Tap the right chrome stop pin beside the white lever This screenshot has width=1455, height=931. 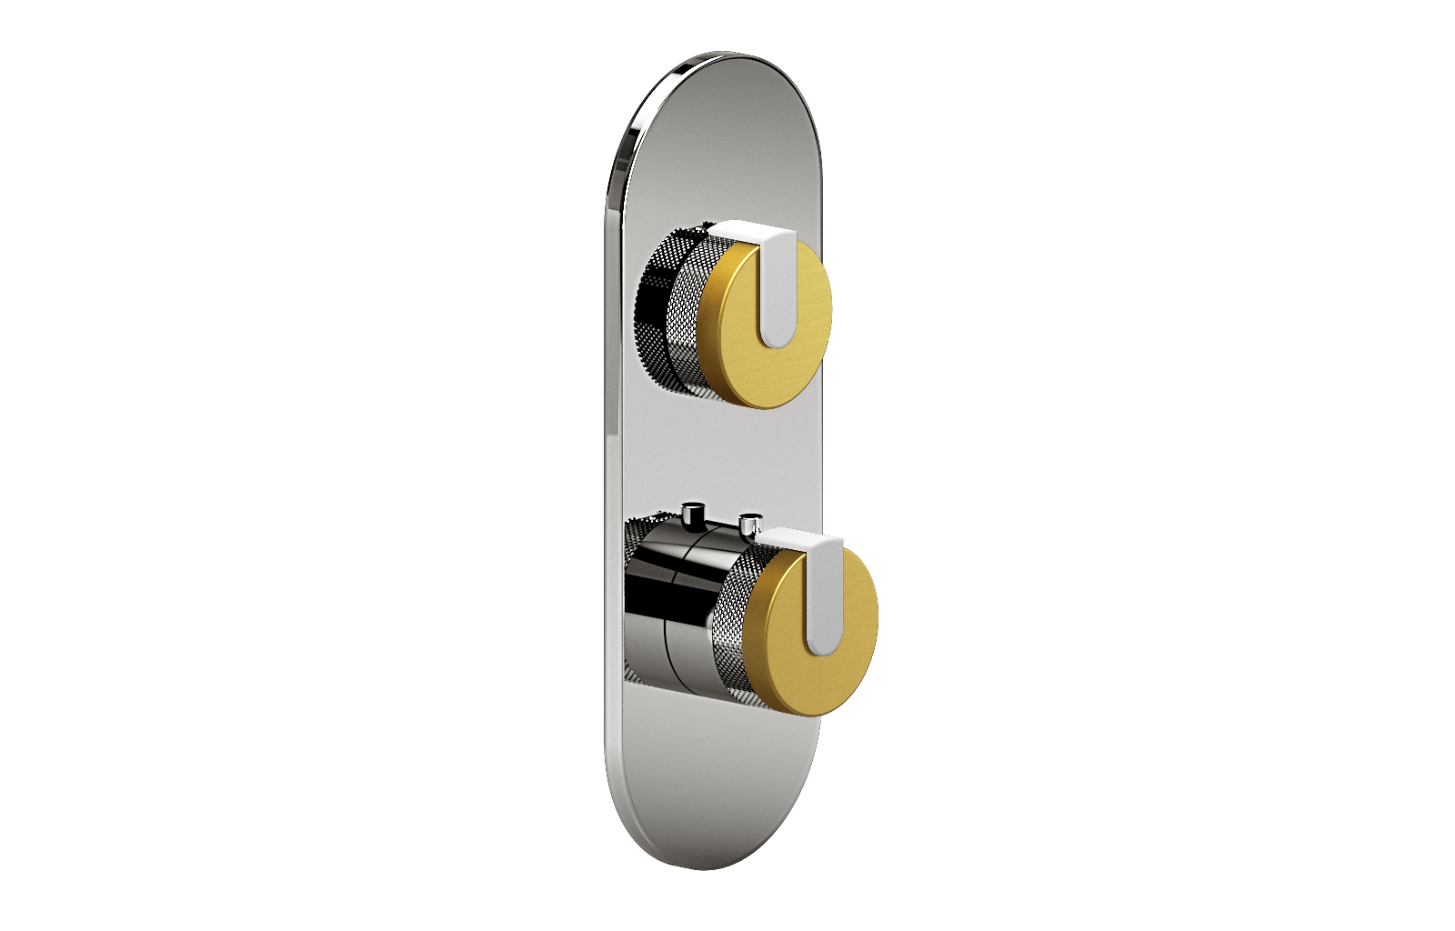tap(749, 525)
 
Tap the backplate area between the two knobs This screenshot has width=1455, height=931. tap(709, 455)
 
